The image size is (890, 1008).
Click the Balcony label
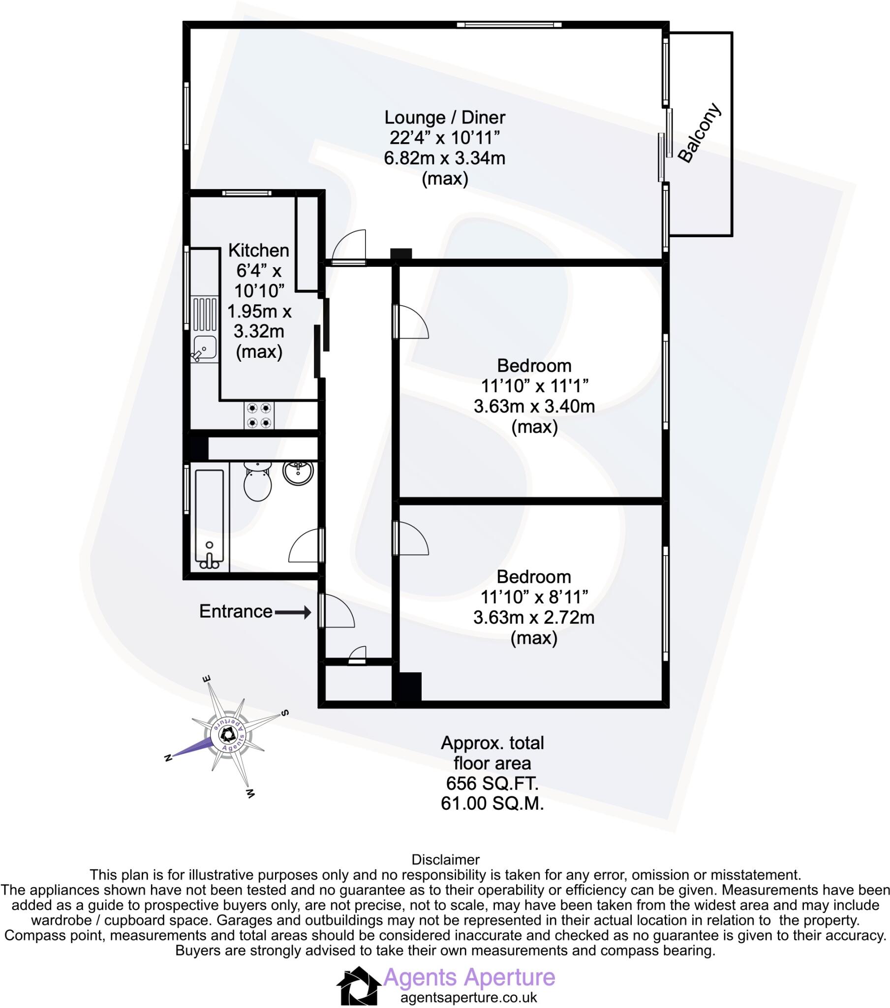click(700, 133)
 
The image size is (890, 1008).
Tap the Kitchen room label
click(258, 251)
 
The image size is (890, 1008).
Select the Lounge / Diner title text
click(444, 117)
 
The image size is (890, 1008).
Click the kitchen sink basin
click(204, 346)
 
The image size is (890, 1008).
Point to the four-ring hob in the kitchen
click(259, 415)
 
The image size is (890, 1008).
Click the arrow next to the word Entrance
click(292, 612)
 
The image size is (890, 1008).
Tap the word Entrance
click(236, 611)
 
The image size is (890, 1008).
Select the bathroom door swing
click(304, 546)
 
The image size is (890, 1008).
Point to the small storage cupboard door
click(358, 656)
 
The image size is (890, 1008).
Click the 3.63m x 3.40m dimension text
click(534, 407)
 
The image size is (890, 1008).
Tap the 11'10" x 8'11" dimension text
click(534, 597)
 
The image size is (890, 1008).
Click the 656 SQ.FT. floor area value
click(492, 783)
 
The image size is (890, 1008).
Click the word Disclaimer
click(445, 859)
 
